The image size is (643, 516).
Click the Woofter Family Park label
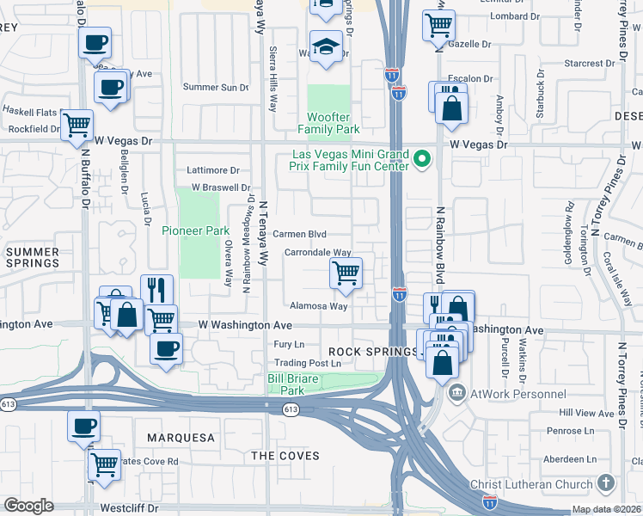click(328, 123)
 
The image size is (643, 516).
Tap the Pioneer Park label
click(195, 230)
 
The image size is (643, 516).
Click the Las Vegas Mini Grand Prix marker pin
click(421, 159)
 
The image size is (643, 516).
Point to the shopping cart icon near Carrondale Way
click(346, 274)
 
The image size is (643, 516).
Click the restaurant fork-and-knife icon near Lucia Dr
click(156, 290)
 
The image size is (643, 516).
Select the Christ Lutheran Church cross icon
click(605, 484)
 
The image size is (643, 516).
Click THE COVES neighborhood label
click(285, 456)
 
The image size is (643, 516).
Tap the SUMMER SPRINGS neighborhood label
click(33, 256)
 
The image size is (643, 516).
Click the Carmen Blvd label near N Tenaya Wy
click(300, 234)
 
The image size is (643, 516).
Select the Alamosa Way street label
click(318, 305)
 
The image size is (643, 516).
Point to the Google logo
click(29, 506)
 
